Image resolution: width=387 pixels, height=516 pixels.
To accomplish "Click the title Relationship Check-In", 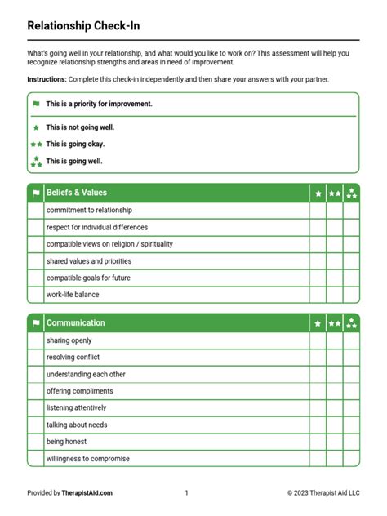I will pyautogui.click(x=83, y=25).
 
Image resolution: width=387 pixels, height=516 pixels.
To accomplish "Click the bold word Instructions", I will pyautogui.click(x=46, y=79).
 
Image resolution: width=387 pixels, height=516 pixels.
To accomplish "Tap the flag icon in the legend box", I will pyautogui.click(x=36, y=105).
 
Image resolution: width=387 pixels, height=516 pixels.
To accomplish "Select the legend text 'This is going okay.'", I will pyautogui.click(x=75, y=144).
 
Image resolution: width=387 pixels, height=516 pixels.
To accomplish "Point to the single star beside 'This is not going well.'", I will pyautogui.click(x=36, y=127).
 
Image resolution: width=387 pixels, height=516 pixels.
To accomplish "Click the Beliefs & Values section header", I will pyautogui.click(x=77, y=193).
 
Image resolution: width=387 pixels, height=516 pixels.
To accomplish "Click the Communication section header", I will pyautogui.click(x=76, y=322).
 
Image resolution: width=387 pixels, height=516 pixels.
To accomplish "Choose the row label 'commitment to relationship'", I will pyautogui.click(x=89, y=210).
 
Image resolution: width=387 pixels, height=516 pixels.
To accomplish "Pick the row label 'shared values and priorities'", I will pyautogui.click(x=89, y=261).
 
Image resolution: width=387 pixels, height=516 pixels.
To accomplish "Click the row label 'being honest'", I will pyautogui.click(x=66, y=442).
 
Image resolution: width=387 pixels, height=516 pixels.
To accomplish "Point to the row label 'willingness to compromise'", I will pyautogui.click(x=88, y=459).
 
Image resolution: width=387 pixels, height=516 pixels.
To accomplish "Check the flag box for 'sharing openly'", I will pyautogui.click(x=35, y=340).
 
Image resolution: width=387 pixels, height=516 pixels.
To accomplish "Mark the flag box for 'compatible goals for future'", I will pyautogui.click(x=35, y=278).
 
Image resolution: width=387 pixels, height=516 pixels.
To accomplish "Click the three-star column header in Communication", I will pyautogui.click(x=351, y=323).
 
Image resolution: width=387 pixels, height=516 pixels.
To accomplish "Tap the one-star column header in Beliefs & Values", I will pyautogui.click(x=318, y=193).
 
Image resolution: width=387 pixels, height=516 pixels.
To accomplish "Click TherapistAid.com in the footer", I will pyautogui.click(x=87, y=492).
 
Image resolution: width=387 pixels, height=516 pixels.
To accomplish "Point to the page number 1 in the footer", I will pyautogui.click(x=186, y=492).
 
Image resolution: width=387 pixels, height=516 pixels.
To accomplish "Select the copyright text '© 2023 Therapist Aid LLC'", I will pyautogui.click(x=322, y=492).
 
